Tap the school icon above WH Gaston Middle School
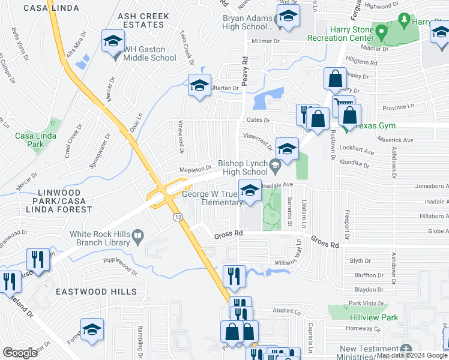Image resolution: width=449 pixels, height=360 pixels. pos(112,41)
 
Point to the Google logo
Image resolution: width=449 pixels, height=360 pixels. pos(20,352)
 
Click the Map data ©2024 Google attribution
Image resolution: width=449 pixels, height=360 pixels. pos(412,355)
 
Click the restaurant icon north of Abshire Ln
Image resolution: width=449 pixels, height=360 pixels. pos(231,275)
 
